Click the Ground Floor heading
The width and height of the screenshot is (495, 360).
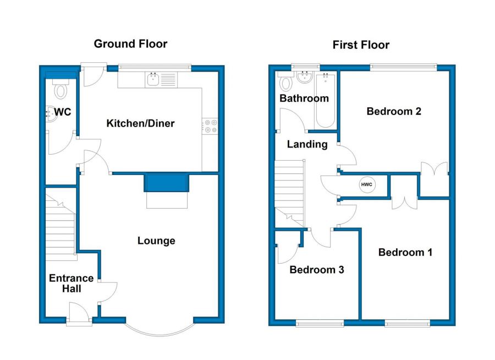[130, 43]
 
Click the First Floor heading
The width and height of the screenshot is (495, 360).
[361, 45]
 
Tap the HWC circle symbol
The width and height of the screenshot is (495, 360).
[367, 184]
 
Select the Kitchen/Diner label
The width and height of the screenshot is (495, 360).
[140, 123]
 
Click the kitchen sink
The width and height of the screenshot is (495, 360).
[153, 79]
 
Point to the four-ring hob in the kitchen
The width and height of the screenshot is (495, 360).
[210, 126]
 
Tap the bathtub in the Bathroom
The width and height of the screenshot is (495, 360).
[325, 100]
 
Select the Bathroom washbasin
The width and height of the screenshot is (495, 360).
[305, 78]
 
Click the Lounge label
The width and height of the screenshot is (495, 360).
[156, 241]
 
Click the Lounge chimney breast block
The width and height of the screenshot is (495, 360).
[166, 183]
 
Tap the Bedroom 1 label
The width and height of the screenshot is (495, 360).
[405, 252]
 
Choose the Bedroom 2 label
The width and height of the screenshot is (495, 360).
[394, 111]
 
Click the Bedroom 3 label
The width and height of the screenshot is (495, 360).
[317, 270]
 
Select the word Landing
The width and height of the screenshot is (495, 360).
[307, 144]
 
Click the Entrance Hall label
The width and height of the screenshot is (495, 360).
[71, 283]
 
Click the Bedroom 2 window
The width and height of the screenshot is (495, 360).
[404, 67]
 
